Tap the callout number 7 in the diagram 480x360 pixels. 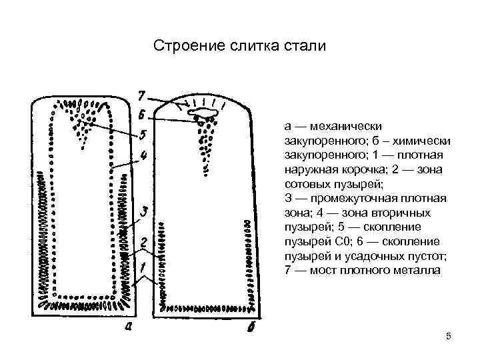(x=143, y=95)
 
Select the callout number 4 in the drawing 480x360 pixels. (x=143, y=157)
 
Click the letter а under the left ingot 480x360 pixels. (x=129, y=327)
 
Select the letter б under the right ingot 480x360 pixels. (x=253, y=327)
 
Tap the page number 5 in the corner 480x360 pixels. (x=449, y=337)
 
